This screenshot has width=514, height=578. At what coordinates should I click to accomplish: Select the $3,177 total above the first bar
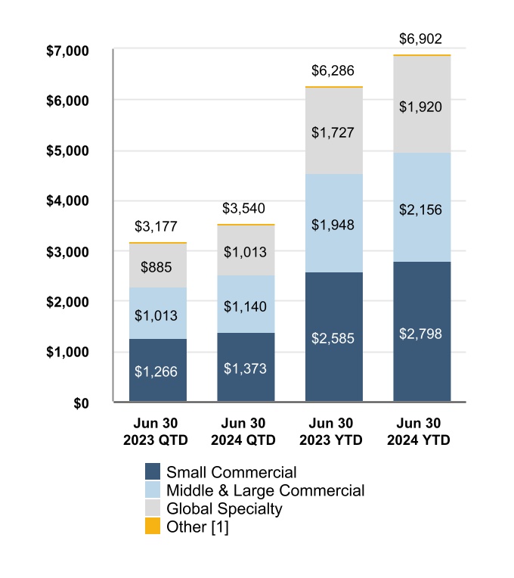point(158,226)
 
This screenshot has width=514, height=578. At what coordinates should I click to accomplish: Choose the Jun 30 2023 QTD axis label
point(158,432)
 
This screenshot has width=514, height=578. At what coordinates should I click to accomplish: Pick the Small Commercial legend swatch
point(153,473)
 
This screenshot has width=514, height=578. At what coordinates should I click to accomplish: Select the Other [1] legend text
point(197,527)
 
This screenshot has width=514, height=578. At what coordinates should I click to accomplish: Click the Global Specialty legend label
point(224,508)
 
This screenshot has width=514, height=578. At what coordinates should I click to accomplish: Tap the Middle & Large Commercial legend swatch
point(153,491)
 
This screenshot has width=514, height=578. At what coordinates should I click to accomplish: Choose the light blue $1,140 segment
point(246,304)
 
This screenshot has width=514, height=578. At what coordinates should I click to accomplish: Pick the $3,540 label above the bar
point(246,208)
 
